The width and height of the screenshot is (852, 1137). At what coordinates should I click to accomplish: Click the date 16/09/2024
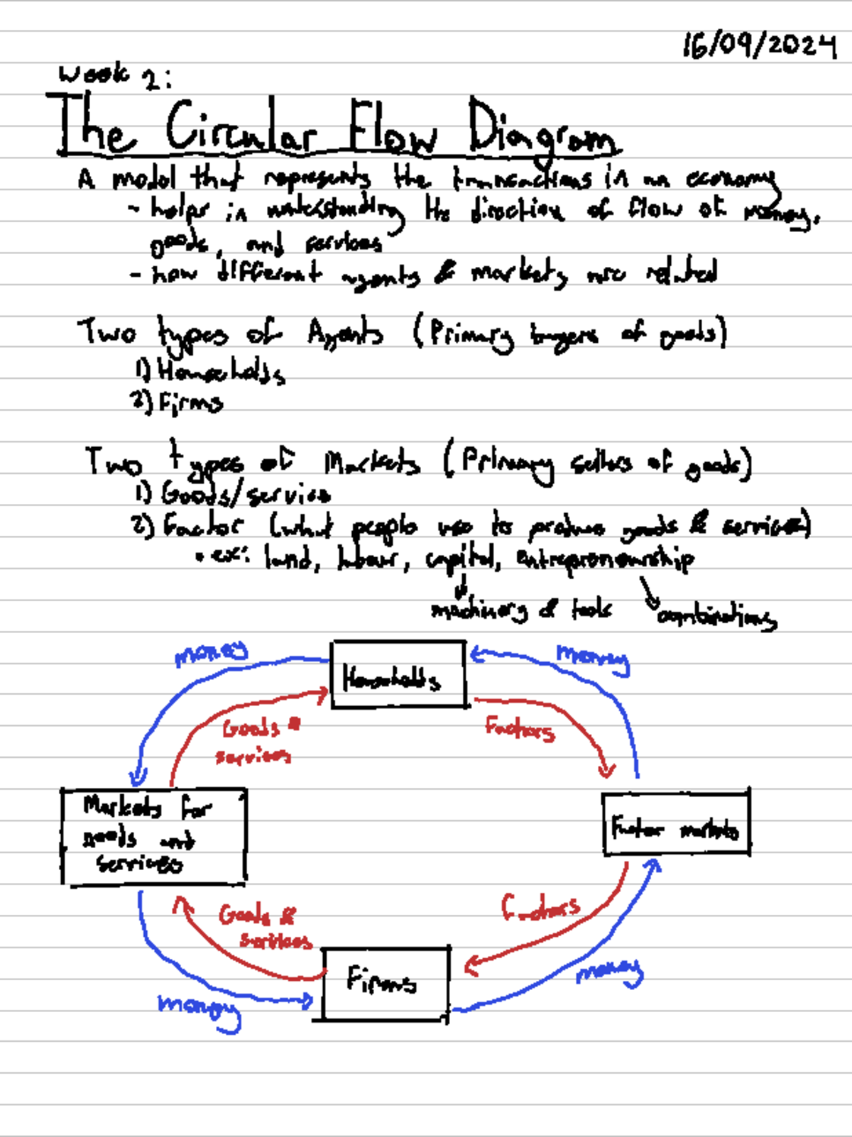point(759,46)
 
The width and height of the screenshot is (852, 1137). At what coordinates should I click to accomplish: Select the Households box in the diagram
point(398,675)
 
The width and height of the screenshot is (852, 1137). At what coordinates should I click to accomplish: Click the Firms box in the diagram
point(386,984)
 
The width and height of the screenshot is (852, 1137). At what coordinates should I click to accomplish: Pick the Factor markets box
point(676,825)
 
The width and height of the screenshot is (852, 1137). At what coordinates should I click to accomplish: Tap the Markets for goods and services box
point(153,837)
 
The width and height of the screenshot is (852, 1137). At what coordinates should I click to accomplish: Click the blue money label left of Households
point(211,652)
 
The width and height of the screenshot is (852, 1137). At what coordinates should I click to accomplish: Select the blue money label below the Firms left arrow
point(199,1008)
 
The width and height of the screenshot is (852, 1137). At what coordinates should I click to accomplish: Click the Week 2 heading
point(114,75)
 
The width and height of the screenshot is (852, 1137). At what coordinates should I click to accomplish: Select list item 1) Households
point(211,370)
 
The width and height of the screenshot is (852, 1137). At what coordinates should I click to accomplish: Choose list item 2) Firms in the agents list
point(177,403)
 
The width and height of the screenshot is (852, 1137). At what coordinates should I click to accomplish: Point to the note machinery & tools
point(520,610)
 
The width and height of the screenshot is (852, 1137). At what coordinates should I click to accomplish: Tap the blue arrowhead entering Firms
point(307,1001)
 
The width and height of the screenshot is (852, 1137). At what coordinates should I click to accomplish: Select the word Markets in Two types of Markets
point(372,464)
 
